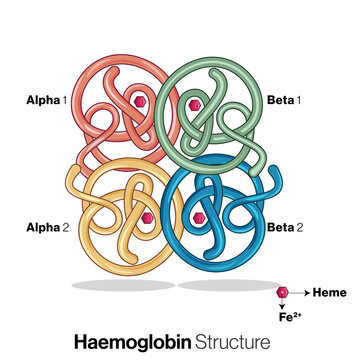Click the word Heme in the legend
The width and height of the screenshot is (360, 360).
(330, 292)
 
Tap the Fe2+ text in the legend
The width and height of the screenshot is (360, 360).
(290, 316)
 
